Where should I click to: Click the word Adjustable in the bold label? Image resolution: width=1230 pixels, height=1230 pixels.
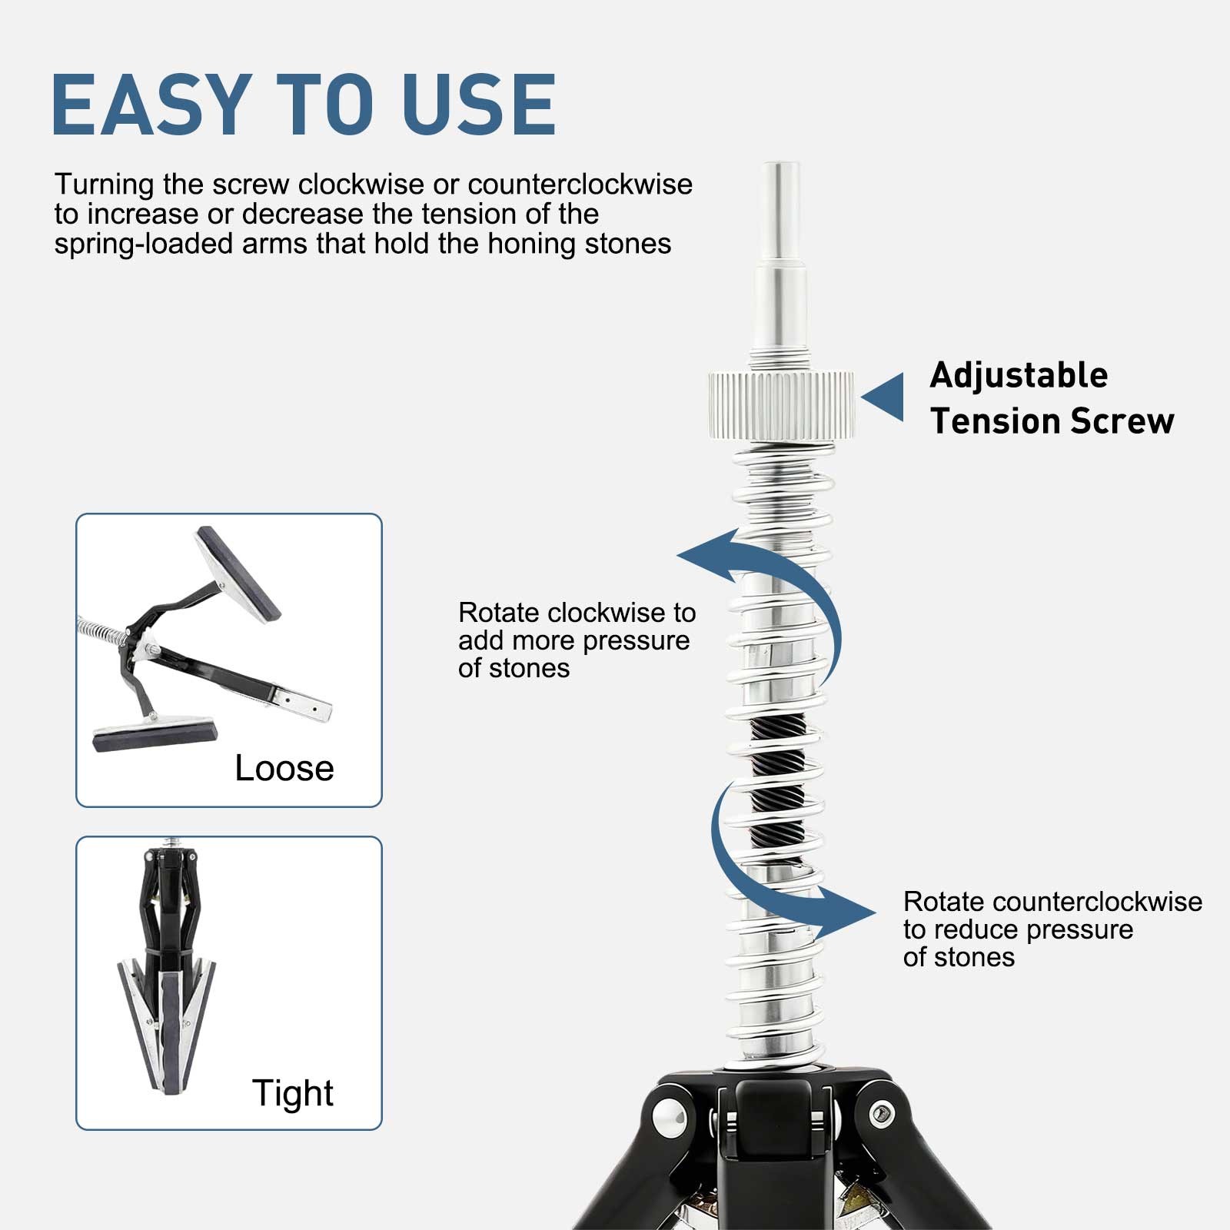point(1019,376)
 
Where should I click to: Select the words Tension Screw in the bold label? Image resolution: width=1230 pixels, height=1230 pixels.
point(1052,421)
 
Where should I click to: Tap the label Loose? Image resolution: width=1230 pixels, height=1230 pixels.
point(284,768)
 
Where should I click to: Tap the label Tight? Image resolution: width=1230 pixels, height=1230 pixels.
point(293,1093)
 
